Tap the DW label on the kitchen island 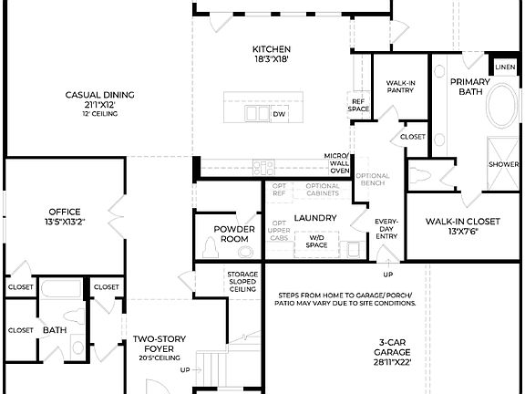pyautogui.click(x=279, y=114)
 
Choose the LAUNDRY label pyautogui.click(x=315, y=218)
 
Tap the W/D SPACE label pyautogui.click(x=316, y=241)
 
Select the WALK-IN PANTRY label pyautogui.click(x=401, y=87)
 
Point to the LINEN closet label pyautogui.click(x=504, y=68)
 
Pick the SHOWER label pyautogui.click(x=503, y=164)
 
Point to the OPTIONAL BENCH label pyautogui.click(x=372, y=180)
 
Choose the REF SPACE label pyautogui.click(x=358, y=105)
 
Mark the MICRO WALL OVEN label pyautogui.click(x=339, y=163)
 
